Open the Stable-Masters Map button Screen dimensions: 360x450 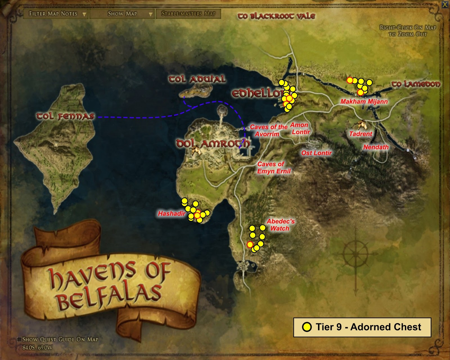(x=188, y=14)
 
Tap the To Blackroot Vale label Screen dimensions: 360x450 (x=276, y=16)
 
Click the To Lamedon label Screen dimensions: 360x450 (x=416, y=84)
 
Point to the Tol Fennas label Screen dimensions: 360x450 (x=65, y=116)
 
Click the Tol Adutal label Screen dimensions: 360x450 (x=197, y=79)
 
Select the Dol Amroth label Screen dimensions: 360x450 (x=213, y=144)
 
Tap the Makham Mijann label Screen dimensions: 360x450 (x=364, y=102)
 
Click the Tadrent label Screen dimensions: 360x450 (x=361, y=134)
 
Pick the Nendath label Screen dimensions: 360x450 (x=376, y=147)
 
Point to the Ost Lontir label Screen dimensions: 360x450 (x=316, y=153)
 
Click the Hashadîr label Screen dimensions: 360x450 (x=171, y=214)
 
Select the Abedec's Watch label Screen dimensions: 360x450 (x=280, y=225)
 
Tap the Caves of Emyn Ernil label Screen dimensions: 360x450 (x=274, y=168)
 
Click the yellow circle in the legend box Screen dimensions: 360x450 (x=307, y=327)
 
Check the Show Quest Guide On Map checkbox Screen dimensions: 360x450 (x=19, y=339)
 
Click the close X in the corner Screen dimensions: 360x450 (x=445, y=4)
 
